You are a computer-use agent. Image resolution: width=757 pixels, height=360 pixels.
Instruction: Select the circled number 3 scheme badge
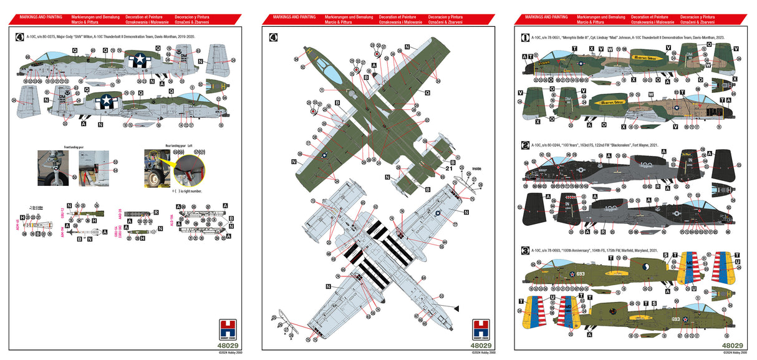525,250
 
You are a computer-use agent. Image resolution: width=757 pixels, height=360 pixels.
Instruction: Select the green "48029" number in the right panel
732,345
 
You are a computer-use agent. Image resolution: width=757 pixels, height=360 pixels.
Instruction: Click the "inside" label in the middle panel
476,168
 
